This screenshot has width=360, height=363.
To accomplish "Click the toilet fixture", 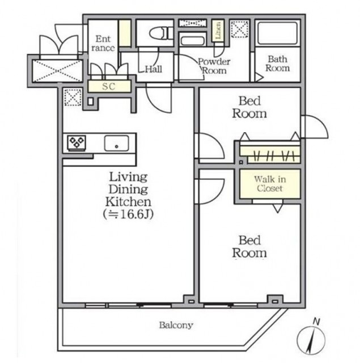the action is [161, 33].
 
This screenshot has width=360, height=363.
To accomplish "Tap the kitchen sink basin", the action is [116, 143].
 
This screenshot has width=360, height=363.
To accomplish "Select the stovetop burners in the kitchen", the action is [77, 142].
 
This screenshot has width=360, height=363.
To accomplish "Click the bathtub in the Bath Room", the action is [277, 33].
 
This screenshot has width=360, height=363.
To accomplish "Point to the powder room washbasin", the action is [193, 41].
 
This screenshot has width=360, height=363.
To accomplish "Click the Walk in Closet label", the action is [270, 184].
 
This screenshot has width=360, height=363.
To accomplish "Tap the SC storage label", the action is [109, 86].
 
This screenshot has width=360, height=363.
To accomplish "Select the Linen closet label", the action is [218, 30].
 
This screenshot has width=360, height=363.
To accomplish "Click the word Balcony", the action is [176, 325].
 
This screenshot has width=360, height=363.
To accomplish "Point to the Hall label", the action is [154, 69].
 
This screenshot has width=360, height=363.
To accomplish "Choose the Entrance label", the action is [103, 43].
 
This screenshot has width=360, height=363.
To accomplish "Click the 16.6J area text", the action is [128, 214].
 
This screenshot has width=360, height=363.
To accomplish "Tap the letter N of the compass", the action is [316, 322].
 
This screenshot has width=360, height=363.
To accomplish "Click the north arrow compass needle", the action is [311, 340].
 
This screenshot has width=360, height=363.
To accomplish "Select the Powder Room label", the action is [214, 66].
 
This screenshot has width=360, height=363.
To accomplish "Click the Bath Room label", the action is [277, 64].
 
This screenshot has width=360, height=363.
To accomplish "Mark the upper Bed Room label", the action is [249, 107].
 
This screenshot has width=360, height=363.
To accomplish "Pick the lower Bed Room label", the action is [249, 247].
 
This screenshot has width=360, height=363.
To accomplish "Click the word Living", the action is [128, 178].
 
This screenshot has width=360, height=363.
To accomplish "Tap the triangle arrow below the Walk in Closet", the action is [278, 208].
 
